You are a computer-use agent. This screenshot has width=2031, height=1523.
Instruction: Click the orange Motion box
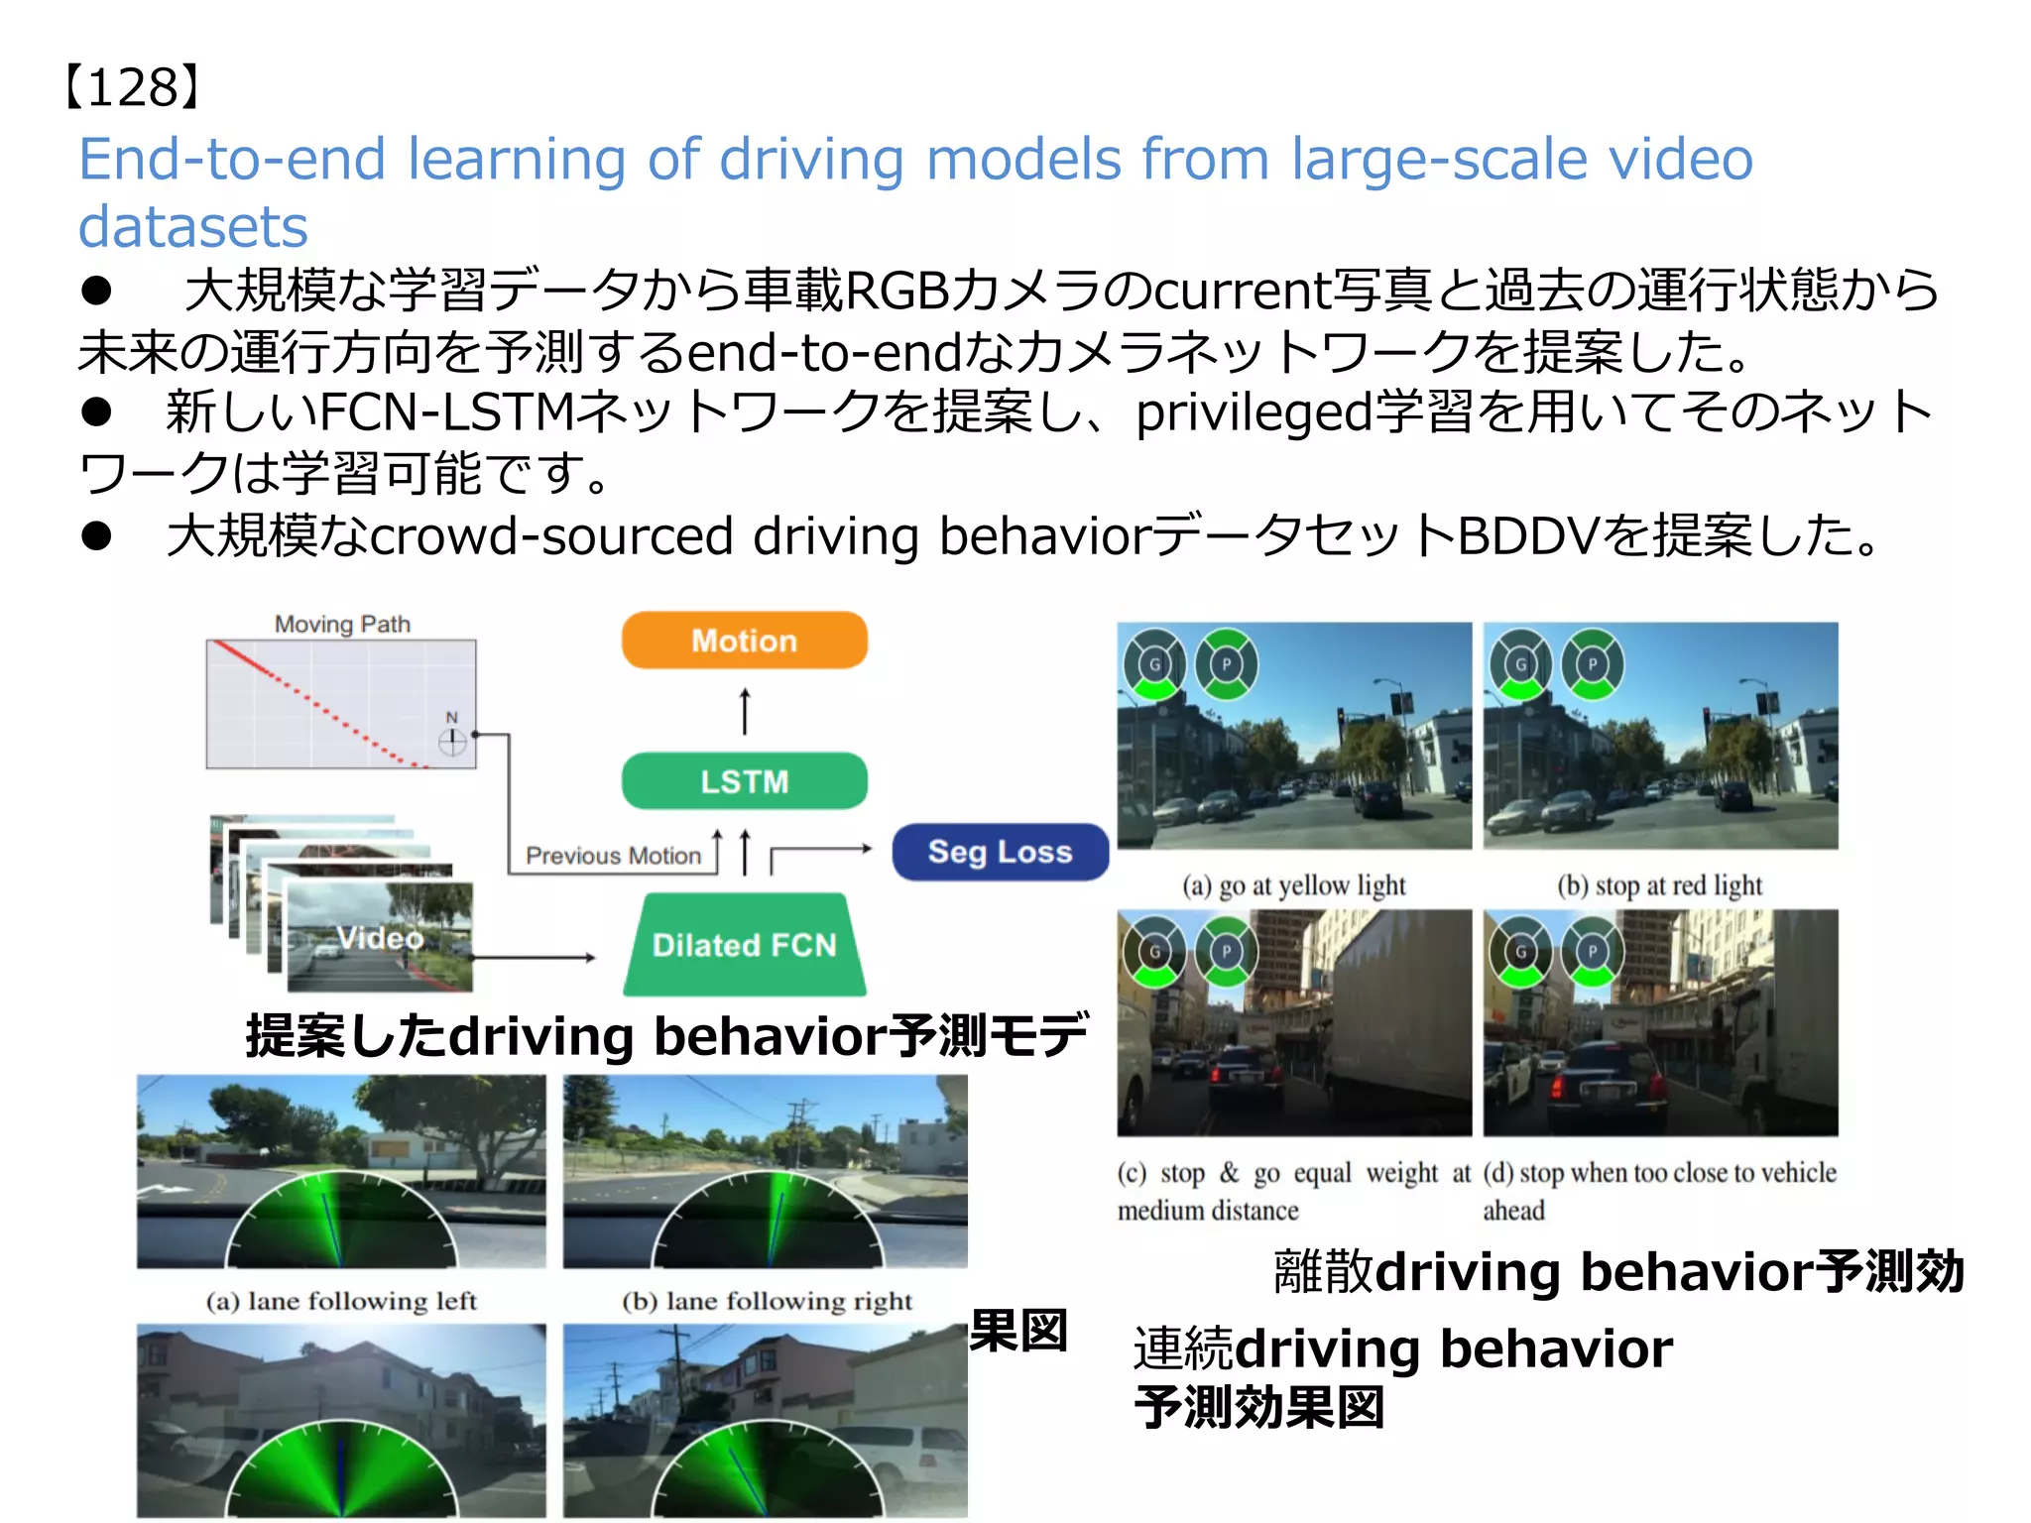click(x=744, y=641)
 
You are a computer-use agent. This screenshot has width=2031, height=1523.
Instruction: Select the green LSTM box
click(x=744, y=781)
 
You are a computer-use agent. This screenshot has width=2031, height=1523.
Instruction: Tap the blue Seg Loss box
click(x=1000, y=852)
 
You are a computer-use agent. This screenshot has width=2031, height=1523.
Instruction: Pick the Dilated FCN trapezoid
click(x=744, y=945)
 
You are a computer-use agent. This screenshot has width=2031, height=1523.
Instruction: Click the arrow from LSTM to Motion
click(x=745, y=711)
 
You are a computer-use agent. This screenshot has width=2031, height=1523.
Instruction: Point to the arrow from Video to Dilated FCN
click(x=536, y=958)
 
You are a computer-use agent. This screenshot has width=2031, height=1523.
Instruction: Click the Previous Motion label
click(x=613, y=856)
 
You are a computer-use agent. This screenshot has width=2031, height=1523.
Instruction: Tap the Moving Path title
click(x=342, y=624)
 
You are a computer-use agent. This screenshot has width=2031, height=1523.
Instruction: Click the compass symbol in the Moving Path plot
click(x=452, y=741)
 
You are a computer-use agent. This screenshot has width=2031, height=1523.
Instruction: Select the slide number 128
click(x=133, y=87)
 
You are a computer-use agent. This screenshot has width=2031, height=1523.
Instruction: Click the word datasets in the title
click(x=193, y=226)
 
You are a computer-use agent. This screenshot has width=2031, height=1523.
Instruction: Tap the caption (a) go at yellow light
click(x=1293, y=884)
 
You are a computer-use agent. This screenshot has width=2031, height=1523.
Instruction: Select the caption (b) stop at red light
click(x=1659, y=884)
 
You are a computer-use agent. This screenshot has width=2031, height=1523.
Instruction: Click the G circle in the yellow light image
click(x=1153, y=664)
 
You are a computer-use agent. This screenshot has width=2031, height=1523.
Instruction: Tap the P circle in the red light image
click(x=1593, y=664)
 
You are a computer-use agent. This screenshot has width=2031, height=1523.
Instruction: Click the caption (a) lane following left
click(x=341, y=1301)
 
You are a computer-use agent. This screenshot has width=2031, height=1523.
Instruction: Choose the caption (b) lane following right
click(x=767, y=1301)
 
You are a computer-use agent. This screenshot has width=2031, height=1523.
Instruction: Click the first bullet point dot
click(x=96, y=291)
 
